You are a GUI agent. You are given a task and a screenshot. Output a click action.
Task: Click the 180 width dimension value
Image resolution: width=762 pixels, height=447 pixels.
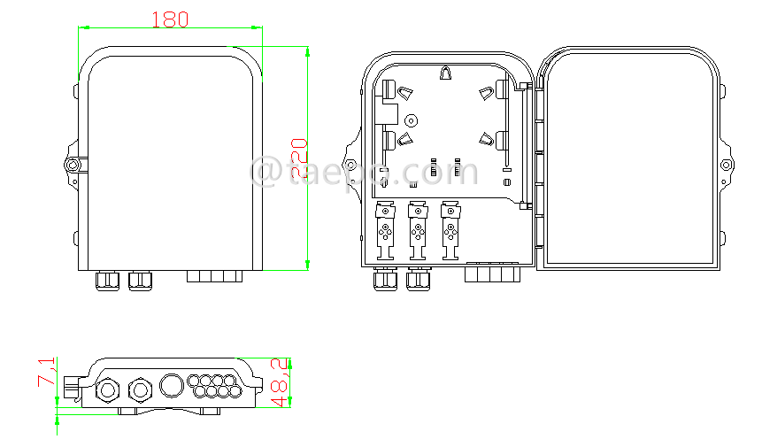click(170, 19)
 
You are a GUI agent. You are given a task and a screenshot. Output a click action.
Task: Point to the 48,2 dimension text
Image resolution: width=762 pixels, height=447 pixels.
click(280, 382)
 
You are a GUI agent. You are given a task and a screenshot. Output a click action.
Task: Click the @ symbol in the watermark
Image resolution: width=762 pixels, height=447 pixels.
click(266, 171)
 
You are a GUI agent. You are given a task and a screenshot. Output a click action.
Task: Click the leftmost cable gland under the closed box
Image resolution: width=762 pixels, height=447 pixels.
click(107, 281)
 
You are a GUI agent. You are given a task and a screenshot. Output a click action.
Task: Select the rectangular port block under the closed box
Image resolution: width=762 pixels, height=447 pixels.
click(214, 276)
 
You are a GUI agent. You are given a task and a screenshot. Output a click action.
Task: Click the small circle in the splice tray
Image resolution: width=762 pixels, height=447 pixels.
click(410, 119)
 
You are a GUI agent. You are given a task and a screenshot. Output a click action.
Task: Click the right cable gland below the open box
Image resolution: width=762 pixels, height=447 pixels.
click(418, 280)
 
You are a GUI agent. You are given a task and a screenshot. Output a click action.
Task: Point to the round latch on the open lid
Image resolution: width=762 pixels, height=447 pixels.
click(726, 166)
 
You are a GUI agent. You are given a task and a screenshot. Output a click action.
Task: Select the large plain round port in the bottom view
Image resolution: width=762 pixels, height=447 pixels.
click(171, 384)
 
